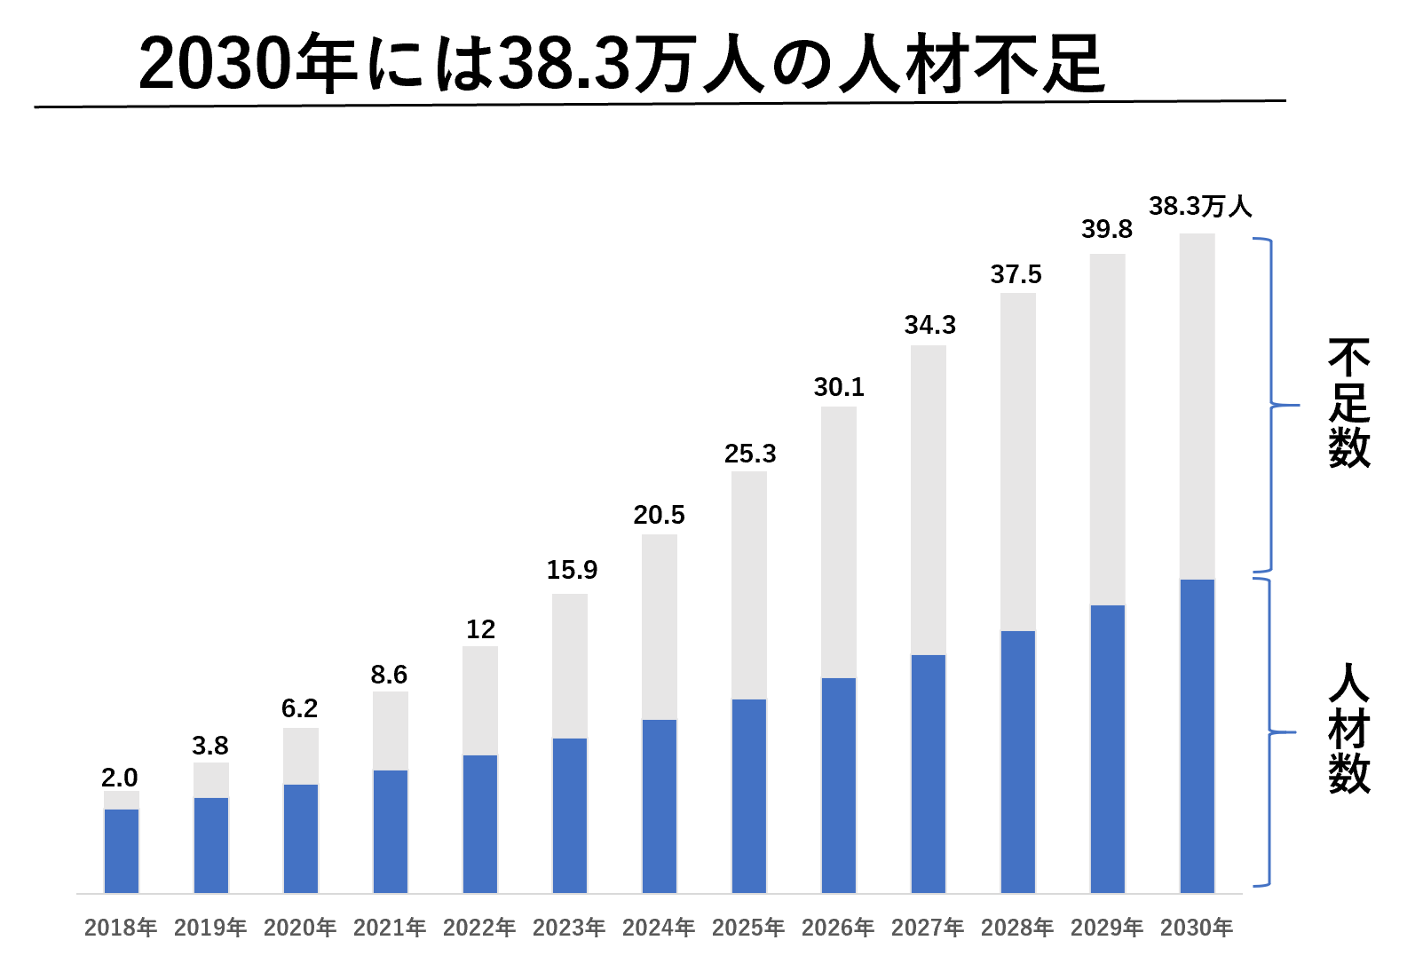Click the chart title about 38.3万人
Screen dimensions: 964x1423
tap(621, 64)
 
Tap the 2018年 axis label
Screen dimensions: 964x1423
tap(121, 928)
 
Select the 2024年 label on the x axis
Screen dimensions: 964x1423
tap(659, 928)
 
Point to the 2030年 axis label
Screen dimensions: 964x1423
tap(1197, 928)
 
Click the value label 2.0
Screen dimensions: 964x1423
tap(120, 778)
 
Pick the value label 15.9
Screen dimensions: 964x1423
tap(572, 570)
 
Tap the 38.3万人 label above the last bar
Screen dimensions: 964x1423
tap(1200, 207)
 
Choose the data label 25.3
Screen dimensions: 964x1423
tap(750, 454)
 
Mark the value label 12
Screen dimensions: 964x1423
tap(480, 629)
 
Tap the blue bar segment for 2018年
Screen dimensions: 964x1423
tap(122, 850)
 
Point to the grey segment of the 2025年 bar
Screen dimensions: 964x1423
tap(749, 585)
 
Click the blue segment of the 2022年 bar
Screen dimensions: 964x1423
tap(480, 823)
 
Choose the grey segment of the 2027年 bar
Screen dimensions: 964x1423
tap(929, 500)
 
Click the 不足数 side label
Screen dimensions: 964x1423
tap(1348, 404)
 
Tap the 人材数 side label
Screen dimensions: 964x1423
tap(1348, 729)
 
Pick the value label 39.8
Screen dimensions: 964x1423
tap(1106, 230)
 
